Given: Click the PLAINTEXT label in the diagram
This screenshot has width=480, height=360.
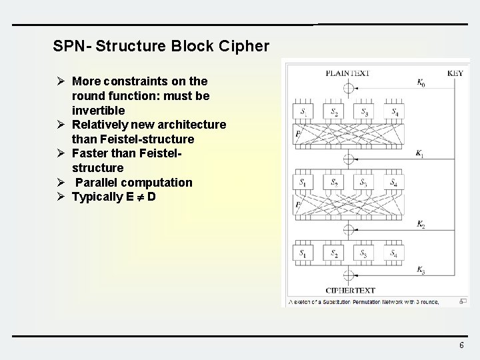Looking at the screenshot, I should pos(347,73).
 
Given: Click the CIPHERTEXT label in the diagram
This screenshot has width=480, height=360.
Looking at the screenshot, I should pos(350,290).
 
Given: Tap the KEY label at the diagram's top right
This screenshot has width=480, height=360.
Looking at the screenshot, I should pos(455,73).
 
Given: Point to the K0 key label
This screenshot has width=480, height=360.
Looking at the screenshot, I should pos(421,83).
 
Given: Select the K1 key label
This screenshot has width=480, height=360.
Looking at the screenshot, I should pos(420,153).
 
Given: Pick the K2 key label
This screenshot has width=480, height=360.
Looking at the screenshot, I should pos(421,225).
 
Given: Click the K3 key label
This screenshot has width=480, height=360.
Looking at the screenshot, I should pos(421,269).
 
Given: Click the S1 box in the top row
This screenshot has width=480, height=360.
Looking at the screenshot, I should pos(304,112).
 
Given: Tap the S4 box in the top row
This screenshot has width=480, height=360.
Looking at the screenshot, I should pos(395,112).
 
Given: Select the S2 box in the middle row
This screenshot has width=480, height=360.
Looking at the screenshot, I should pos(335,182).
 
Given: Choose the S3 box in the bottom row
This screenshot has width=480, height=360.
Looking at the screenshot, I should pos(365,253).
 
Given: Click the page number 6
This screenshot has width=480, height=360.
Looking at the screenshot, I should pos(461,345).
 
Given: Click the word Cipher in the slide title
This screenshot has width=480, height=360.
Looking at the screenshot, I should pos(247,46).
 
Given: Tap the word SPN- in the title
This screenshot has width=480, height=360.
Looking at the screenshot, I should pos(73,46).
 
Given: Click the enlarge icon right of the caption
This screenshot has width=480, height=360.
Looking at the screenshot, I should pos(463,301).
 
